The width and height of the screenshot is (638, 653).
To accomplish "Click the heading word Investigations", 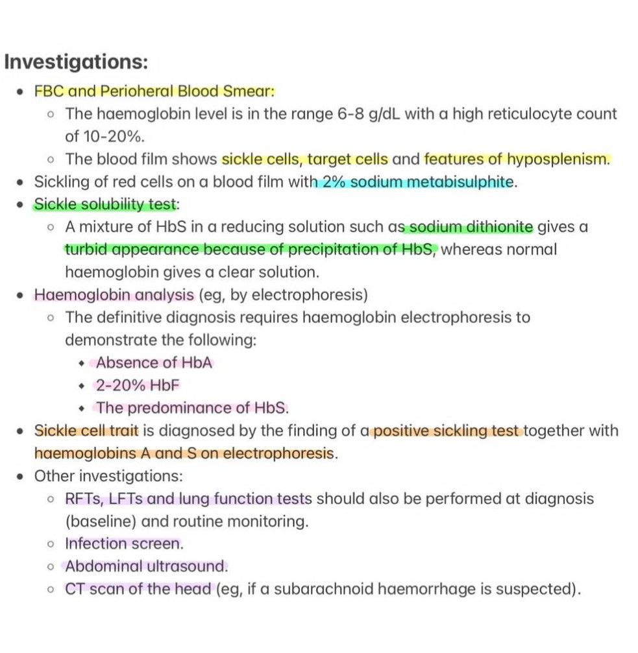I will coord(77,63).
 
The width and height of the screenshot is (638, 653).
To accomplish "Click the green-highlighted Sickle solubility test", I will coord(104,205).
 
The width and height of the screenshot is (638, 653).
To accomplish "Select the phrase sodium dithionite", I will coord(469,228).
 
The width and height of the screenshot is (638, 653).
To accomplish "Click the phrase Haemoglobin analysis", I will coord(114,295).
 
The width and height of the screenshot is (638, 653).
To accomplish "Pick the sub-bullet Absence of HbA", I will coord(154,362).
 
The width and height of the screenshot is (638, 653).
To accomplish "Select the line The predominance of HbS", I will coord(192,408).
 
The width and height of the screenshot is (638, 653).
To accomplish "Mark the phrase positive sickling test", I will coord(446,431).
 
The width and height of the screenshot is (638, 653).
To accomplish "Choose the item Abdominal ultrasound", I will coord(146,566).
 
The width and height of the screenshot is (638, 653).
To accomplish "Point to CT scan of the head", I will coord(138,589).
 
